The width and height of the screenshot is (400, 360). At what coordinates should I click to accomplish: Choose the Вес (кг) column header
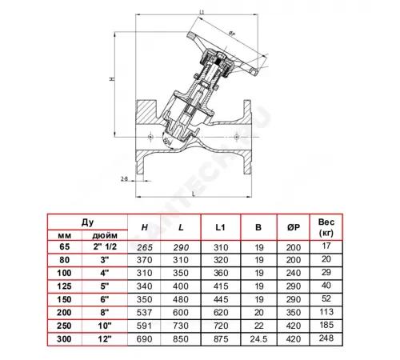[x=324, y=226]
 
